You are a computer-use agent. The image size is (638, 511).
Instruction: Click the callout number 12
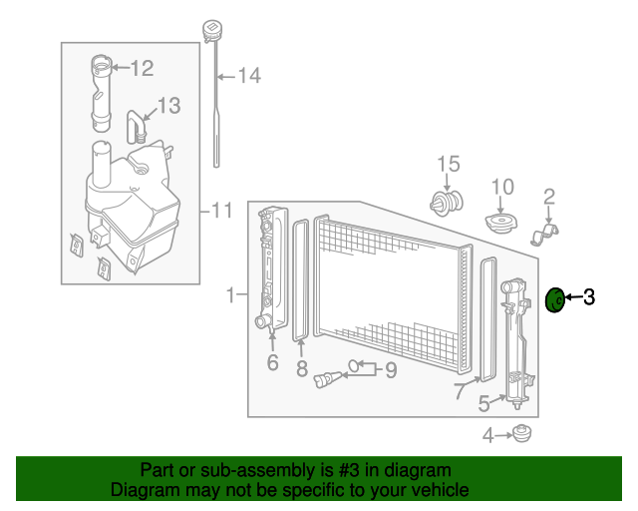(142, 68)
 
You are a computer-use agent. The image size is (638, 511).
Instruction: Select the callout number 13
(168, 105)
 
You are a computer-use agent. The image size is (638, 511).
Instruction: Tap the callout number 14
(248, 75)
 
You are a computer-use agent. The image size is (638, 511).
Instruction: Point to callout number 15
(448, 164)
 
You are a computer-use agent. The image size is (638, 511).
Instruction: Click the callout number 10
(501, 186)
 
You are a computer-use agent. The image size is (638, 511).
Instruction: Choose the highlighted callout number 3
(589, 296)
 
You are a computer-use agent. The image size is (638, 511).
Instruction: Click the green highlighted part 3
(557, 298)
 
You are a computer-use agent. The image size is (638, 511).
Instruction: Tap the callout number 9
(391, 370)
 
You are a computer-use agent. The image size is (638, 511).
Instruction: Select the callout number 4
(487, 434)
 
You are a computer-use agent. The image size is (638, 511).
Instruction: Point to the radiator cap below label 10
(499, 222)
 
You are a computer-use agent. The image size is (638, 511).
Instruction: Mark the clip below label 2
(544, 236)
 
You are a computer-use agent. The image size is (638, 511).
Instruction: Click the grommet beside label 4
(519, 433)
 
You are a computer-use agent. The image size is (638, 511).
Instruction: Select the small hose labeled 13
(136, 126)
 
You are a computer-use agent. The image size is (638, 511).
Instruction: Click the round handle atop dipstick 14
(210, 26)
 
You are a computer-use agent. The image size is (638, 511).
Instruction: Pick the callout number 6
(272, 363)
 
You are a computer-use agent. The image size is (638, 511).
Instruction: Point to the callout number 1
(230, 295)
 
